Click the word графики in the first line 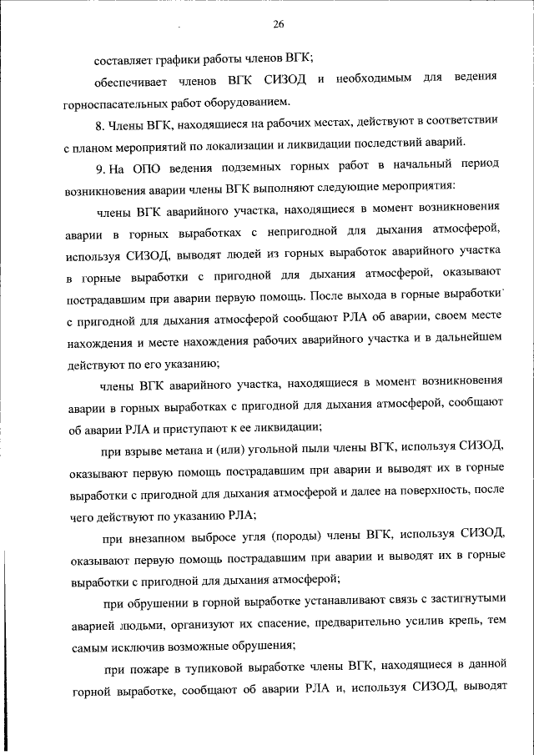coord(170,58)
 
